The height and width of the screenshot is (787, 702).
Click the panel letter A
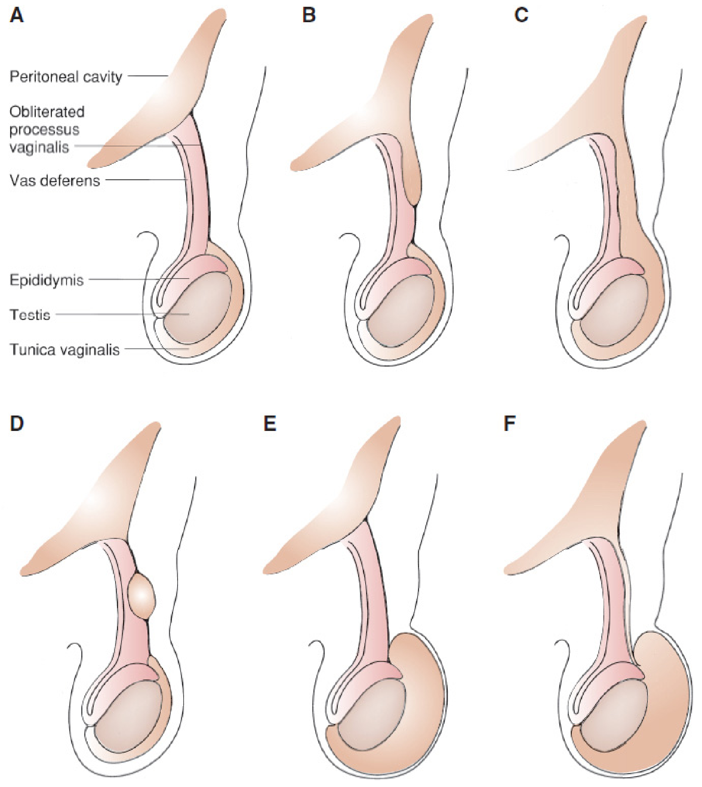pyautogui.click(x=16, y=16)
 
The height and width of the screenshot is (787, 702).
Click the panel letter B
pyautogui.click(x=309, y=16)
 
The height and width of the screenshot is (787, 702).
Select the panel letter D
pyautogui.click(x=17, y=423)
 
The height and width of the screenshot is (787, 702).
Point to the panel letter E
pyautogui.click(x=270, y=423)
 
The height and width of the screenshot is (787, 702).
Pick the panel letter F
pyautogui.click(x=510, y=423)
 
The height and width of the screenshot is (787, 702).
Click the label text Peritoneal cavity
pyautogui.click(x=65, y=77)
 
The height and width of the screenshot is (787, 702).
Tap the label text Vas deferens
pyautogui.click(x=55, y=181)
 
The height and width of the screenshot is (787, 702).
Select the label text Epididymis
pyautogui.click(x=46, y=280)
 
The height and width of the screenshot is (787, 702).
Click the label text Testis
pyautogui.click(x=30, y=315)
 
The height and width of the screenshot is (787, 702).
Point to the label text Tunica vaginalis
pyautogui.click(x=64, y=350)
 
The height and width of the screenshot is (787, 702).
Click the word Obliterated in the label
pyautogui.click(x=47, y=112)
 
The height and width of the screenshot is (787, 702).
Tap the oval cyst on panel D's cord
pyautogui.click(x=142, y=596)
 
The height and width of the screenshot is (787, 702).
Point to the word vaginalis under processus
pyautogui.click(x=40, y=147)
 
